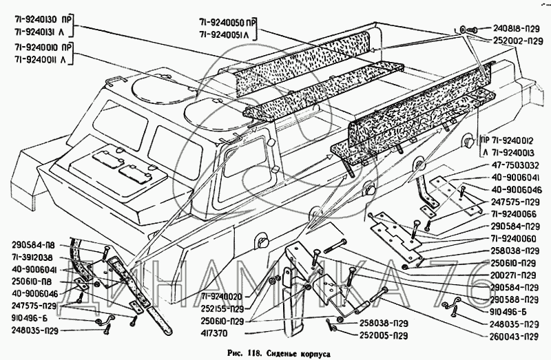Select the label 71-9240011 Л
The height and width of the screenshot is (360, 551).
pyautogui.click(x=41, y=61)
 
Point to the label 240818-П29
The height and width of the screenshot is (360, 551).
pyautogui.click(x=516, y=29)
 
